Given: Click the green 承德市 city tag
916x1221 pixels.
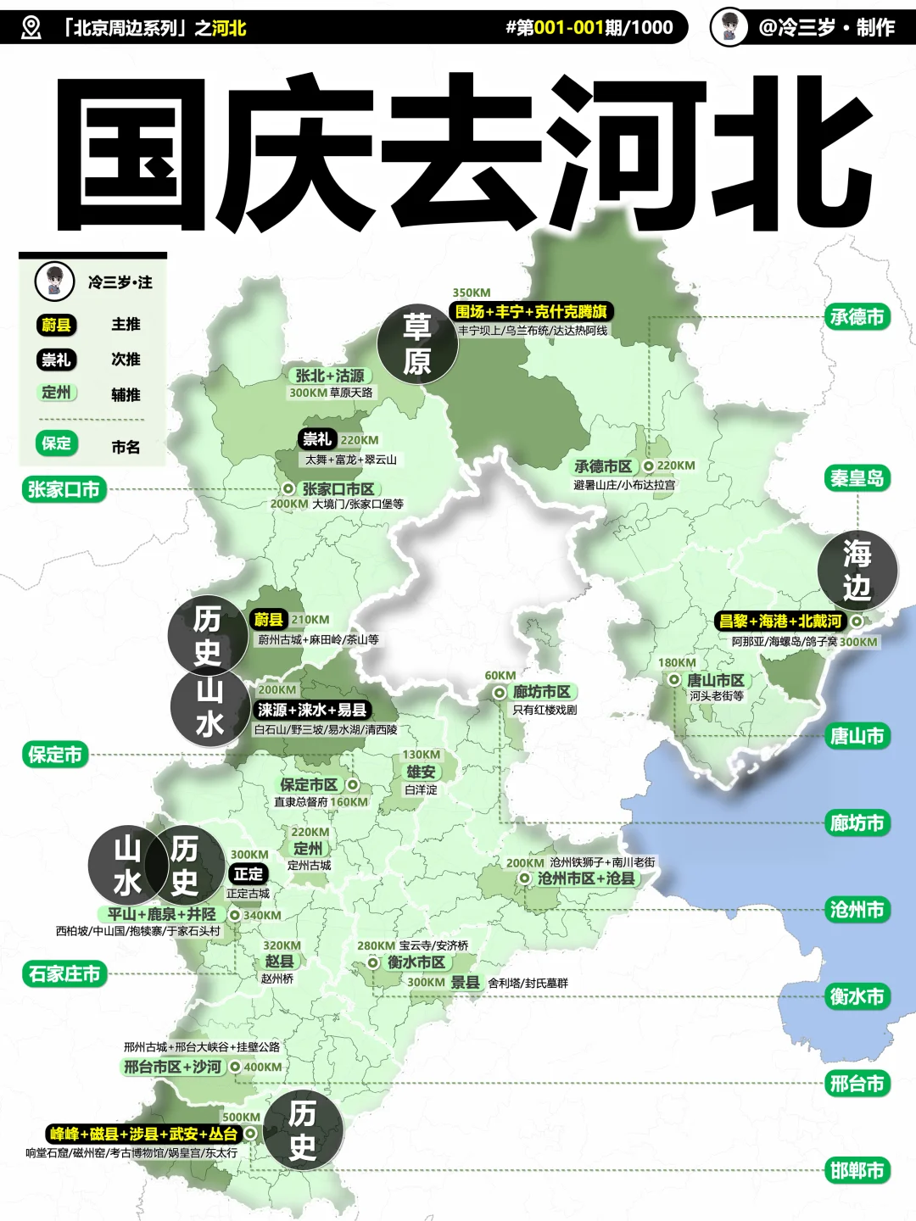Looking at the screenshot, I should tap(857, 317).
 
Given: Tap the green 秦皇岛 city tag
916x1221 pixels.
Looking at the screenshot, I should tap(857, 478).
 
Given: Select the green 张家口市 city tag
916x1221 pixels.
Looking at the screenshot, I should tap(64, 489).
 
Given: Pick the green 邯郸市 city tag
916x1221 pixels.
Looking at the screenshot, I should tap(857, 1171).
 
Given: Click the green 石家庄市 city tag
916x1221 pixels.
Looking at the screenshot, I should tap(64, 973).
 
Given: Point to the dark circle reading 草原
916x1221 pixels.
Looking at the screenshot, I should tap(417, 344).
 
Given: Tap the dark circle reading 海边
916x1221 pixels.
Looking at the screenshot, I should tap(857, 570).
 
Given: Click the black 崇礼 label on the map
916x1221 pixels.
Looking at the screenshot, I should tap(317, 439).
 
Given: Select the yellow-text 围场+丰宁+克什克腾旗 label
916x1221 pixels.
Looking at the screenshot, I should tap(531, 311).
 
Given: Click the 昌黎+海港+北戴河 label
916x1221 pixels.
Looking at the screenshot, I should tap(780, 622).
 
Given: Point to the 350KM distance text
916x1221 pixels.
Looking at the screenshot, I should tap(471, 293).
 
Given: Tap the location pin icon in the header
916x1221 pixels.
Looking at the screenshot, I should tap(31, 28).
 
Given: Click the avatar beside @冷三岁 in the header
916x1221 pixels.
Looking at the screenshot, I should tap(729, 27).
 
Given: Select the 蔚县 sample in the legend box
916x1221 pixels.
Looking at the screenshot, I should tap(56, 325).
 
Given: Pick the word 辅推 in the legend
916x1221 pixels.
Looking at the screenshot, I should tap(126, 394).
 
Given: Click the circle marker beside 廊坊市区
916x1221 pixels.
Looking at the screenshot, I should tap(500, 693).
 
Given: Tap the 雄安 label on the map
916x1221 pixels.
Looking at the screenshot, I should tap(421, 772).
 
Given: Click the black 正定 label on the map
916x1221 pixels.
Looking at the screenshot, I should tap(249, 873).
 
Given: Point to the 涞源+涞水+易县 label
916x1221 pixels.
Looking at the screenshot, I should tap(312, 710).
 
